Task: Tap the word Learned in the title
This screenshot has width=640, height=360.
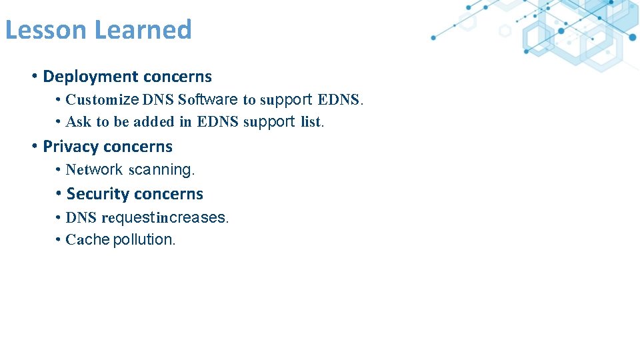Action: click(x=143, y=30)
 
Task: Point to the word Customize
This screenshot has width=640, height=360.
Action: click(x=101, y=100)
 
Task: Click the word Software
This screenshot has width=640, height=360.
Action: click(x=207, y=100)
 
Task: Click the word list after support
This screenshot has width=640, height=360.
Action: click(x=311, y=122)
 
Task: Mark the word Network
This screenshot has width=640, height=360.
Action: click(x=94, y=170)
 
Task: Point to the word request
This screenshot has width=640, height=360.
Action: click(x=128, y=218)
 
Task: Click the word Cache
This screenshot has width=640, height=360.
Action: click(x=87, y=240)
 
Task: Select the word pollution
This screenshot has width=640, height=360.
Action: click(x=145, y=240)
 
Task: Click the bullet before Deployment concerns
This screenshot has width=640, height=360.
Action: click(x=34, y=77)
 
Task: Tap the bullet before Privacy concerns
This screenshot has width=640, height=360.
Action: click(x=34, y=147)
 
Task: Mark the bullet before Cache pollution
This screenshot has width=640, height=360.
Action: click(x=59, y=240)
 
